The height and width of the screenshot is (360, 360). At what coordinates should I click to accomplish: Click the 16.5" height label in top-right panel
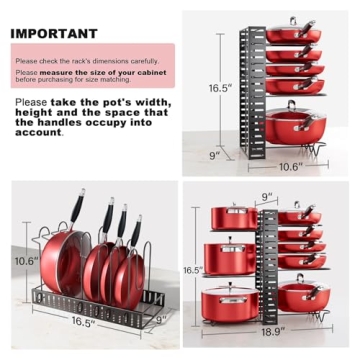pyautogui.click(x=220, y=88)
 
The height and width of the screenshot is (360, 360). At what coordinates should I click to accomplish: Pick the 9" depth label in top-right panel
pyautogui.click(x=213, y=155)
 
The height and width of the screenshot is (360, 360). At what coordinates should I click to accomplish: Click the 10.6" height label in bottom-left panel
pyautogui.click(x=26, y=260)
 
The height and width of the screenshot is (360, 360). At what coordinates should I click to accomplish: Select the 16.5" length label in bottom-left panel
pyautogui.click(x=83, y=322)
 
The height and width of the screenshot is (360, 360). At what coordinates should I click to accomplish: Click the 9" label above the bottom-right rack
pyautogui.click(x=266, y=196)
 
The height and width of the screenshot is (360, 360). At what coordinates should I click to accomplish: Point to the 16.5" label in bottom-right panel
pyautogui.click(x=193, y=270)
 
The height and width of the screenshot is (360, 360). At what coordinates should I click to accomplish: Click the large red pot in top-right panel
pyautogui.click(x=294, y=127)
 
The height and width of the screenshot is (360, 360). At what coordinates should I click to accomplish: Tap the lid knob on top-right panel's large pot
pyautogui.click(x=292, y=103)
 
